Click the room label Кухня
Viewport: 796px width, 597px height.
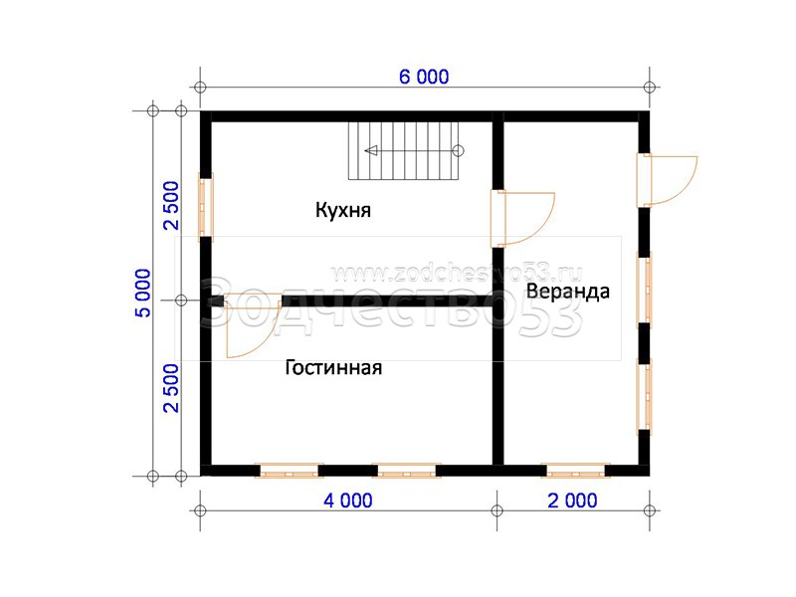[x=343, y=210]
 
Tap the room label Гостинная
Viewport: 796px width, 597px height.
[x=333, y=367]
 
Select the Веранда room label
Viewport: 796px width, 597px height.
[x=567, y=292]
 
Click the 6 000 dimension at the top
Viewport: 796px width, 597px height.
[x=424, y=78]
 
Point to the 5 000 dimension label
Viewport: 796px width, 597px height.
[x=143, y=293]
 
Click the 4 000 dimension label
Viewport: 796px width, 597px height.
[x=348, y=500]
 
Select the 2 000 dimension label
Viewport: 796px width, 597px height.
[x=573, y=500]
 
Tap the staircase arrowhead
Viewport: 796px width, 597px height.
[x=371, y=151]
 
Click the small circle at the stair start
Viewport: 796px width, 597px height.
[x=459, y=151]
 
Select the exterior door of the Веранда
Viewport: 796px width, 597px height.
[x=667, y=180]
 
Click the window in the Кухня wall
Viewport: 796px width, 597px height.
[x=206, y=207]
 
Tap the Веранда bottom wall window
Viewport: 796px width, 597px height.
[x=576, y=471]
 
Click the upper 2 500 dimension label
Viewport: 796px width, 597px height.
[x=171, y=206]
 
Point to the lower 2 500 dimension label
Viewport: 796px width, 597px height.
[x=171, y=388]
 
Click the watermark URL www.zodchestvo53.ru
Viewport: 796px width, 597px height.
[x=457, y=275]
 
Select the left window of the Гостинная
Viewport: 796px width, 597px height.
[x=289, y=471]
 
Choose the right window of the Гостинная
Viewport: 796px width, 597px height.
[x=406, y=471]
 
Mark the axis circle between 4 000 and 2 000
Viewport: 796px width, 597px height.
[x=497, y=510]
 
